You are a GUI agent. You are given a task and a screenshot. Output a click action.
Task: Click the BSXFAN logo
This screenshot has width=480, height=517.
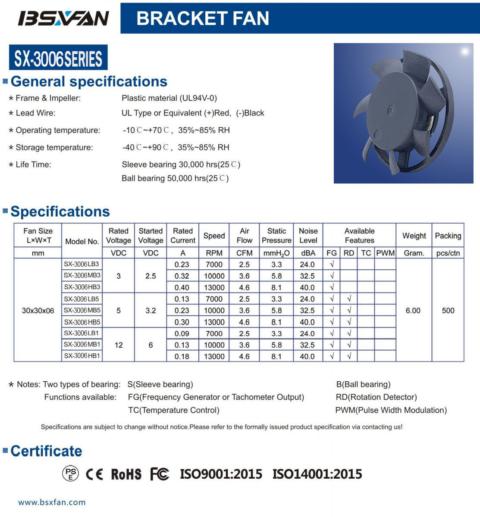pyautogui.click(x=63, y=18)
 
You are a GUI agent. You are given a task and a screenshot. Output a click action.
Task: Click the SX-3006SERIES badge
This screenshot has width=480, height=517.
pyautogui.click(x=58, y=58)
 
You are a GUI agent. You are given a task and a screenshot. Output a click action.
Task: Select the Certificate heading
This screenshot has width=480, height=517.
pyautogui.click(x=46, y=451)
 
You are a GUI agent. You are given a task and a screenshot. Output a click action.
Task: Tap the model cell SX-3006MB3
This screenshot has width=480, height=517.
pyautogui.click(x=82, y=276)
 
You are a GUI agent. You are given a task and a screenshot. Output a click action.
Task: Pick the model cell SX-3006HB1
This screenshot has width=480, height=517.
pyautogui.click(x=82, y=356)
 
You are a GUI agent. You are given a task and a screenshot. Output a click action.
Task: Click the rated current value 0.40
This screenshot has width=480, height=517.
pyautogui.click(x=182, y=287)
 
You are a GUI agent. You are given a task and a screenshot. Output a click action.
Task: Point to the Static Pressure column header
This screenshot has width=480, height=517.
pyautogui.click(x=276, y=236)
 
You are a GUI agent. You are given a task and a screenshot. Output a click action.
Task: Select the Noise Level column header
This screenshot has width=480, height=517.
pyautogui.click(x=308, y=236)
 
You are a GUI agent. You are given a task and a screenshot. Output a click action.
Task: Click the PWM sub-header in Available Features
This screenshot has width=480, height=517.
pyautogui.click(x=385, y=253)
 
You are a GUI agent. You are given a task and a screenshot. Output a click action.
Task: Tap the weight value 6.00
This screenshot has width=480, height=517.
pyautogui.click(x=413, y=310)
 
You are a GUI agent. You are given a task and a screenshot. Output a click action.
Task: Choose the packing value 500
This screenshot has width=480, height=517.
pyautogui.click(x=448, y=310)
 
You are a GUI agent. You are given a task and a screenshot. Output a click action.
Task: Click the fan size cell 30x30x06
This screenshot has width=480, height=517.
pyautogui.click(x=38, y=310)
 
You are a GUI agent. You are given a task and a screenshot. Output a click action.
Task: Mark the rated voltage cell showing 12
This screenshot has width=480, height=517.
pyautogui.click(x=119, y=345)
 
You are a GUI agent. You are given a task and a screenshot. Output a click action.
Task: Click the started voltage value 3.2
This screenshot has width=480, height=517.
pyautogui.click(x=151, y=310)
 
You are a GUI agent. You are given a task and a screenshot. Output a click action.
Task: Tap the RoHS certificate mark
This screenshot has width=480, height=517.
pyautogui.click(x=126, y=474)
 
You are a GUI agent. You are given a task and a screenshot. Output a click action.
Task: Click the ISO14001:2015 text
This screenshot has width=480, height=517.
pyautogui.click(x=317, y=474)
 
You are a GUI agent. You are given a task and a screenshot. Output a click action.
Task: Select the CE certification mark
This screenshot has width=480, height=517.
pyautogui.click(x=94, y=474)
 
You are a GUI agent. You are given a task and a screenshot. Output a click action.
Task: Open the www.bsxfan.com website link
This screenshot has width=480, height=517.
pyautogui.click(x=52, y=502)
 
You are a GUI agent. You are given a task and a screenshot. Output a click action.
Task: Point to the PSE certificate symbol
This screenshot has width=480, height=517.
pyautogui.click(x=71, y=474)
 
